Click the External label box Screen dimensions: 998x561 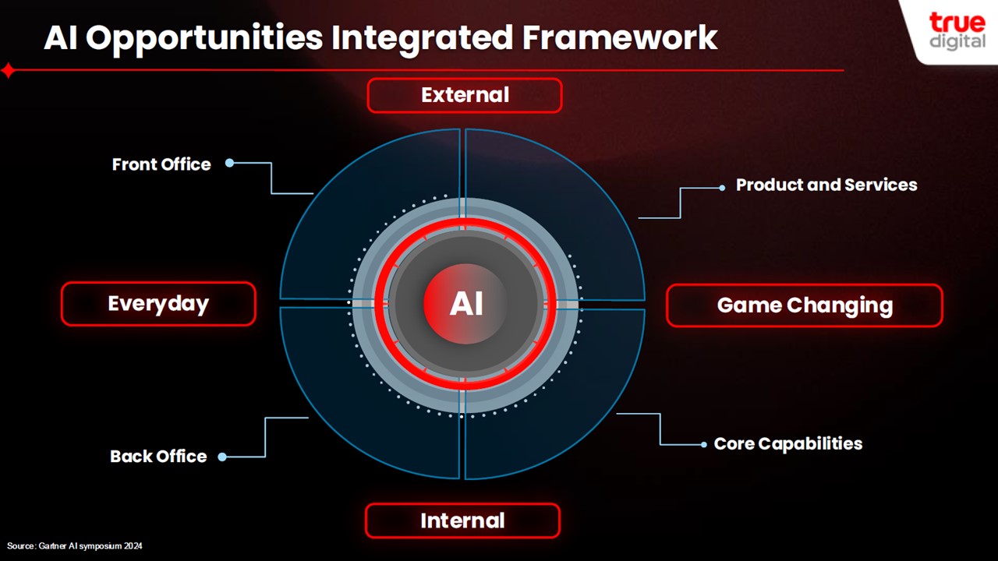click(465, 95)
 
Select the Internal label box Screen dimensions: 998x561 click(462, 520)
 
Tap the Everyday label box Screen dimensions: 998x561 click(158, 304)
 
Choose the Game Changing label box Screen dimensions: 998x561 click(805, 305)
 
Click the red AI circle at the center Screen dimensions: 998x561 click(465, 304)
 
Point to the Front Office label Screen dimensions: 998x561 click(161, 164)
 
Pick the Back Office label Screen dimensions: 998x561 click(158, 457)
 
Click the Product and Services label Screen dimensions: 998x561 click(826, 185)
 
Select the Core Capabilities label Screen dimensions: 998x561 click(788, 443)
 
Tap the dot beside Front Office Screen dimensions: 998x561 click(229, 163)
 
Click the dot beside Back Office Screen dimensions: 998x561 click(222, 457)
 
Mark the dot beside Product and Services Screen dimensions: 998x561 click(722, 188)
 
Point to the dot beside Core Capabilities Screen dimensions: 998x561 click(704, 444)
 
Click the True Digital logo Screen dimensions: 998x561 click(957, 30)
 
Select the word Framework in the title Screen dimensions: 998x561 click(620, 37)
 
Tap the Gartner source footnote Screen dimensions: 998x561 click(74, 546)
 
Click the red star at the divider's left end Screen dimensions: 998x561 click(9, 70)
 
